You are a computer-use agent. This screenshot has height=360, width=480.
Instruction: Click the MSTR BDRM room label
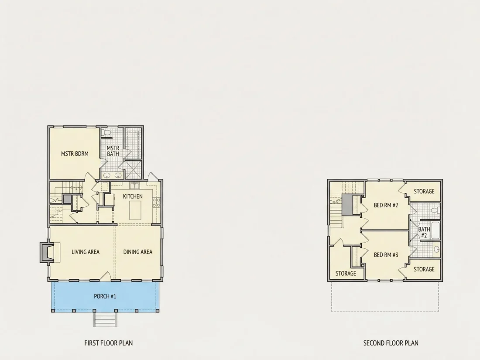coord(75,154)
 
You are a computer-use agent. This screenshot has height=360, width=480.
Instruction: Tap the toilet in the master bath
coord(106,133)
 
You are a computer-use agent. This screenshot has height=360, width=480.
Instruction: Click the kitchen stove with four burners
coord(156,202)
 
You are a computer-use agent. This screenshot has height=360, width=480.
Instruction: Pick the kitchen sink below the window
coord(134,186)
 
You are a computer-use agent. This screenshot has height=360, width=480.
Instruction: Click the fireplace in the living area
coord(47,252)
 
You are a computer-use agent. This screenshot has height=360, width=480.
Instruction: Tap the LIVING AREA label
coord(86,252)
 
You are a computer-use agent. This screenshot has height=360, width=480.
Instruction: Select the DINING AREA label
coord(138,252)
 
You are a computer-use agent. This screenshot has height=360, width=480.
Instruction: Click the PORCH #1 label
coord(105,296)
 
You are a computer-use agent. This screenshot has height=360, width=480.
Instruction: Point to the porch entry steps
coord(105,319)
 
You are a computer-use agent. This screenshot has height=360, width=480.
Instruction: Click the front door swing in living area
coord(106,276)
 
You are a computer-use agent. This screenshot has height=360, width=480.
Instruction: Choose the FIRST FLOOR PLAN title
coord(108,343)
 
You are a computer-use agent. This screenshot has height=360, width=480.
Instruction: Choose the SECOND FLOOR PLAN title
coord(391,343)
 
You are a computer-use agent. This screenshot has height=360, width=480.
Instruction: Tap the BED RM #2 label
coord(386,205)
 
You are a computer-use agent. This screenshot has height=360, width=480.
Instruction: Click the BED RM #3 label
coord(386,255)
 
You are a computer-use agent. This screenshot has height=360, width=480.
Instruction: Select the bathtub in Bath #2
coord(435,230)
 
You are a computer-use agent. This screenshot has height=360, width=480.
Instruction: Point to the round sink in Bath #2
coord(437,249)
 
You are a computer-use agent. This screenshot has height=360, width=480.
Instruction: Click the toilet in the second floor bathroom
coord(435,210)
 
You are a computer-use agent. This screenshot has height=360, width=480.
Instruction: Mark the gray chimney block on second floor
coord(347,205)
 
